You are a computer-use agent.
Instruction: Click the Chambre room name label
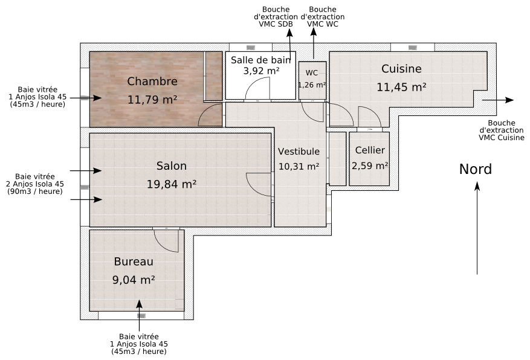pyautogui.click(x=152, y=82)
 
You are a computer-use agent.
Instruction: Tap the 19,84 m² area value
pyautogui.click(x=172, y=184)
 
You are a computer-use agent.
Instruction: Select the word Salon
pyautogui.click(x=172, y=166)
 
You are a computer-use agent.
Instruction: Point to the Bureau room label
pyautogui.click(x=134, y=262)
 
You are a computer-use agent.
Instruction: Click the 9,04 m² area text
pyautogui.click(x=134, y=280)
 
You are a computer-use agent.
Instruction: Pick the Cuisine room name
pyautogui.click(x=401, y=69)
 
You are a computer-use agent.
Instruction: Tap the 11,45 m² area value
pyautogui.click(x=401, y=87)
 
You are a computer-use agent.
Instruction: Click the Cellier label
pyautogui.click(x=370, y=150)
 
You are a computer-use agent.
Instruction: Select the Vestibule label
pyautogui.click(x=299, y=152)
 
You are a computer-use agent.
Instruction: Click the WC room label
pyautogui.click(x=312, y=73)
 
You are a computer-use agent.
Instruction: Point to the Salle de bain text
pyautogui.click(x=261, y=60)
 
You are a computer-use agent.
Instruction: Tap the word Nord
pyautogui.click(x=476, y=169)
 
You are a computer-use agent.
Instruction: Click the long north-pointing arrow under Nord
pyautogui.click(x=477, y=230)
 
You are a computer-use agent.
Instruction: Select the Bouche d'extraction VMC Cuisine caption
pyautogui.click(x=501, y=130)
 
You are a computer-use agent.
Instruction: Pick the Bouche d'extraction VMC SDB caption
pyautogui.click(x=276, y=17)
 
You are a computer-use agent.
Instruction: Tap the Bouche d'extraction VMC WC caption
pyautogui.click(x=322, y=17)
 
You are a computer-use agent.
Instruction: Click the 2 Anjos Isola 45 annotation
pyautogui.click(x=35, y=184)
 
